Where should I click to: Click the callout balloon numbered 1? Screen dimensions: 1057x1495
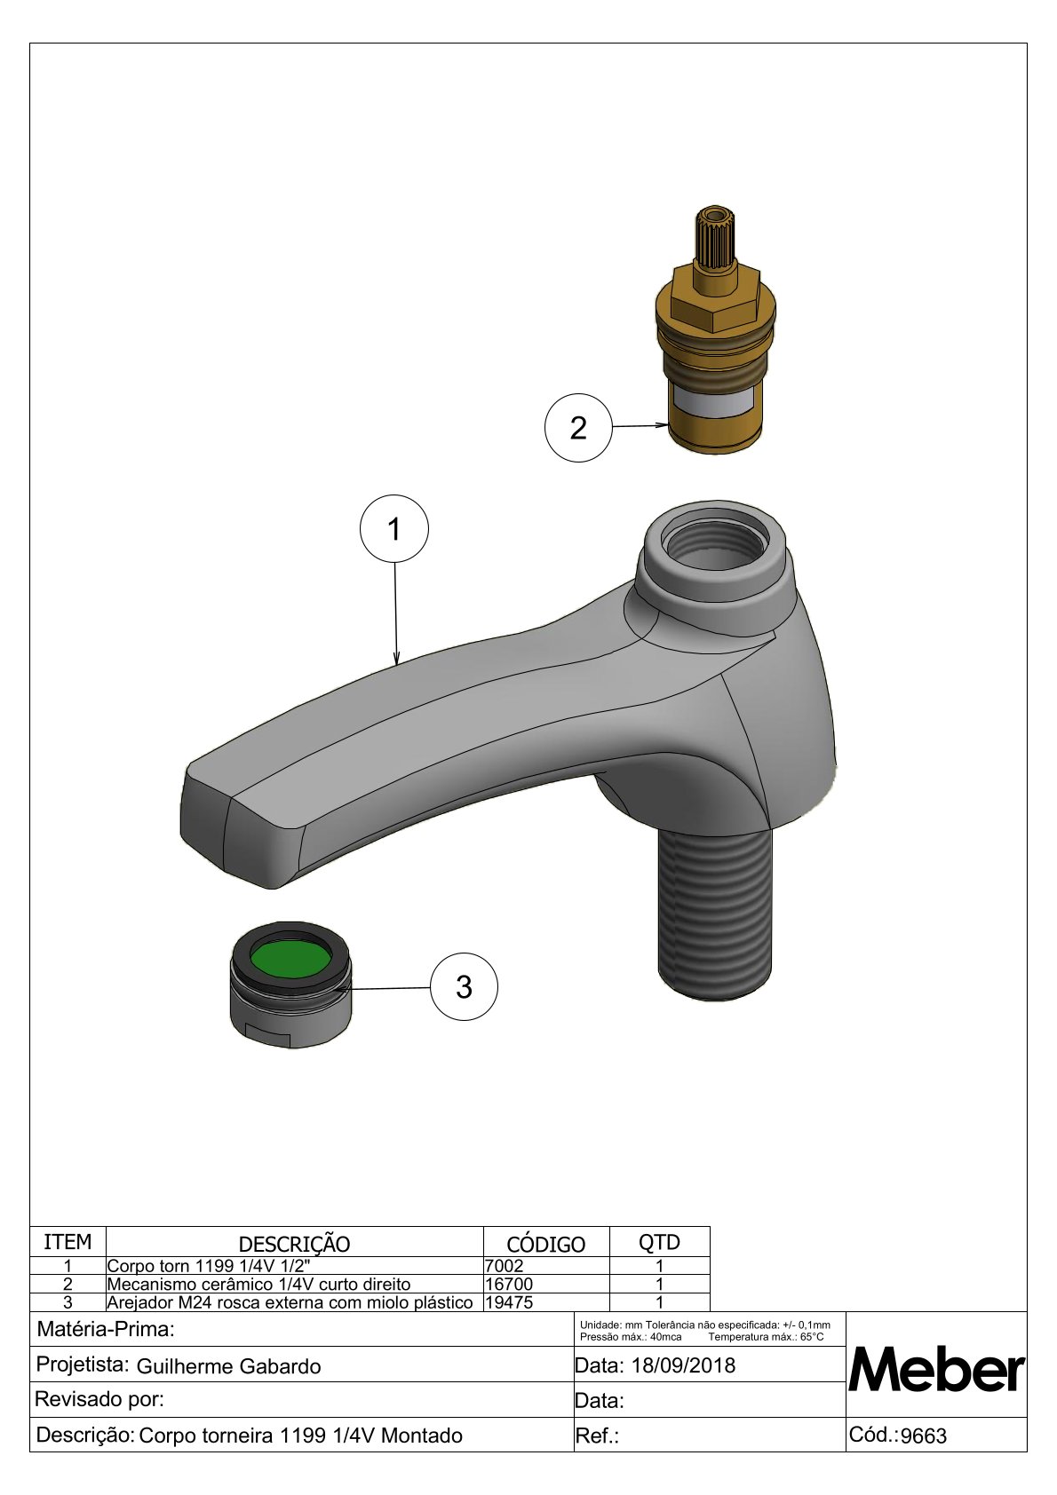pos(394,529)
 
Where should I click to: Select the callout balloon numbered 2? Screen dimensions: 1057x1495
pos(578,428)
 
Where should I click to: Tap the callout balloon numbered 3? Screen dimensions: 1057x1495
pos(464,986)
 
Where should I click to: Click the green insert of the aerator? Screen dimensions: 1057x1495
pos(290,960)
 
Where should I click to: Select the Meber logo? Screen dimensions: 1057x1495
pos(936,1370)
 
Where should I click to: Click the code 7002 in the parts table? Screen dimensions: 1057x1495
pos(505,1266)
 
